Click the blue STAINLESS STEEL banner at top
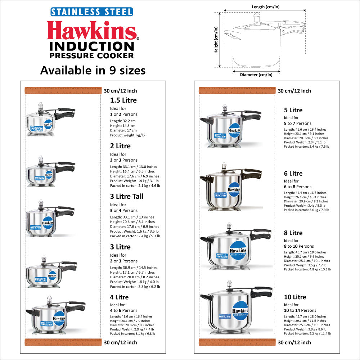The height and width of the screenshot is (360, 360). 91,12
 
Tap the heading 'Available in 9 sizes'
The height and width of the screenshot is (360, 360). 93,70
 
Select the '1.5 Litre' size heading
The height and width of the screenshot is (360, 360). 123,100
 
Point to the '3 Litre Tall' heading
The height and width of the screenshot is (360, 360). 127,196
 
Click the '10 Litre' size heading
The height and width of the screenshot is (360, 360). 295,297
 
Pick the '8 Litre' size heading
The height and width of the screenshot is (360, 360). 293,233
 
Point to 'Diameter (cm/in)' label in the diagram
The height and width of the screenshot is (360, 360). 256,75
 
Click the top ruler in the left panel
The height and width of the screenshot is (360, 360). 62,90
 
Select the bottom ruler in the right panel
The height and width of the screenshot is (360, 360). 237,342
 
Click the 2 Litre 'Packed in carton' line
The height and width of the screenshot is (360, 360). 135,185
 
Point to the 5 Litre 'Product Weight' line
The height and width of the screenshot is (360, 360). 304,142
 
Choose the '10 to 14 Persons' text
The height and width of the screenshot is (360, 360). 300,310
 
